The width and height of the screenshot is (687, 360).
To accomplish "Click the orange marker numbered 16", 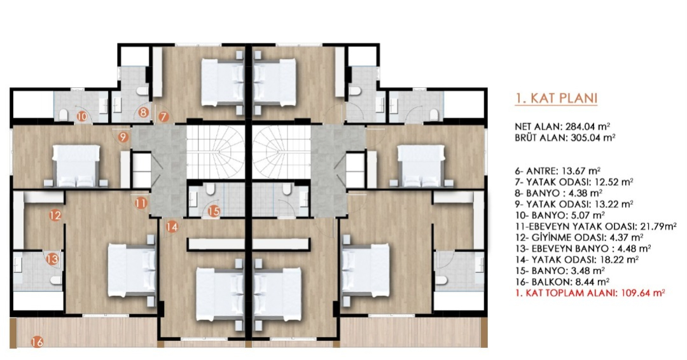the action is coord(38,342).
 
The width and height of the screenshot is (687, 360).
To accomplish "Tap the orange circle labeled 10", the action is coord(82,116).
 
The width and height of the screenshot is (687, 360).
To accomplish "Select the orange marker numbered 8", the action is coord(143,112).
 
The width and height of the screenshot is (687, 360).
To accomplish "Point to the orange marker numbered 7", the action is coord(163,117).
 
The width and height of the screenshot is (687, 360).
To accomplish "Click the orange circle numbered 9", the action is coord(123,137).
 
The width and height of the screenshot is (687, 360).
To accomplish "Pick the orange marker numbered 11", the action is coord(141,203).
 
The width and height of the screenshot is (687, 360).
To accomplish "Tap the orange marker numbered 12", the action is coord(55,215).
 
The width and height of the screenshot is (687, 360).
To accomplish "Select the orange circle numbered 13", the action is coord(52,259).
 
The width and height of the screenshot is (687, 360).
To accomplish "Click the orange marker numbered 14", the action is coord(172,226).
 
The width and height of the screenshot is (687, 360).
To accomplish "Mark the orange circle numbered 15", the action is coord(214,212).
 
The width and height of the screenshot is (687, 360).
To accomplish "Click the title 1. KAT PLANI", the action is coord(556,99).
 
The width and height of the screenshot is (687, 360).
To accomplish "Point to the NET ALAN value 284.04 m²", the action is coord(586,127).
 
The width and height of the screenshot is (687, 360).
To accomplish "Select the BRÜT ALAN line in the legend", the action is coord(566,137).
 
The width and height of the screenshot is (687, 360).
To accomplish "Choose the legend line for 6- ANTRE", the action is coord(558,170).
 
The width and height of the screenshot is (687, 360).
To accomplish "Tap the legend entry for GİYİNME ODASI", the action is coord(579,237).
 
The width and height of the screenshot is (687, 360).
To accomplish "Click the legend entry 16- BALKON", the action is coord(562,282).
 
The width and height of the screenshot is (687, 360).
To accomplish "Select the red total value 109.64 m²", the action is coord(643,293).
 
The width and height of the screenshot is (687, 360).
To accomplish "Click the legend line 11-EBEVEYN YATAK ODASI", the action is coord(596,226).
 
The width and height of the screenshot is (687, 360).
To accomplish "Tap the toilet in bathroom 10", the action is coord(63,115).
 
